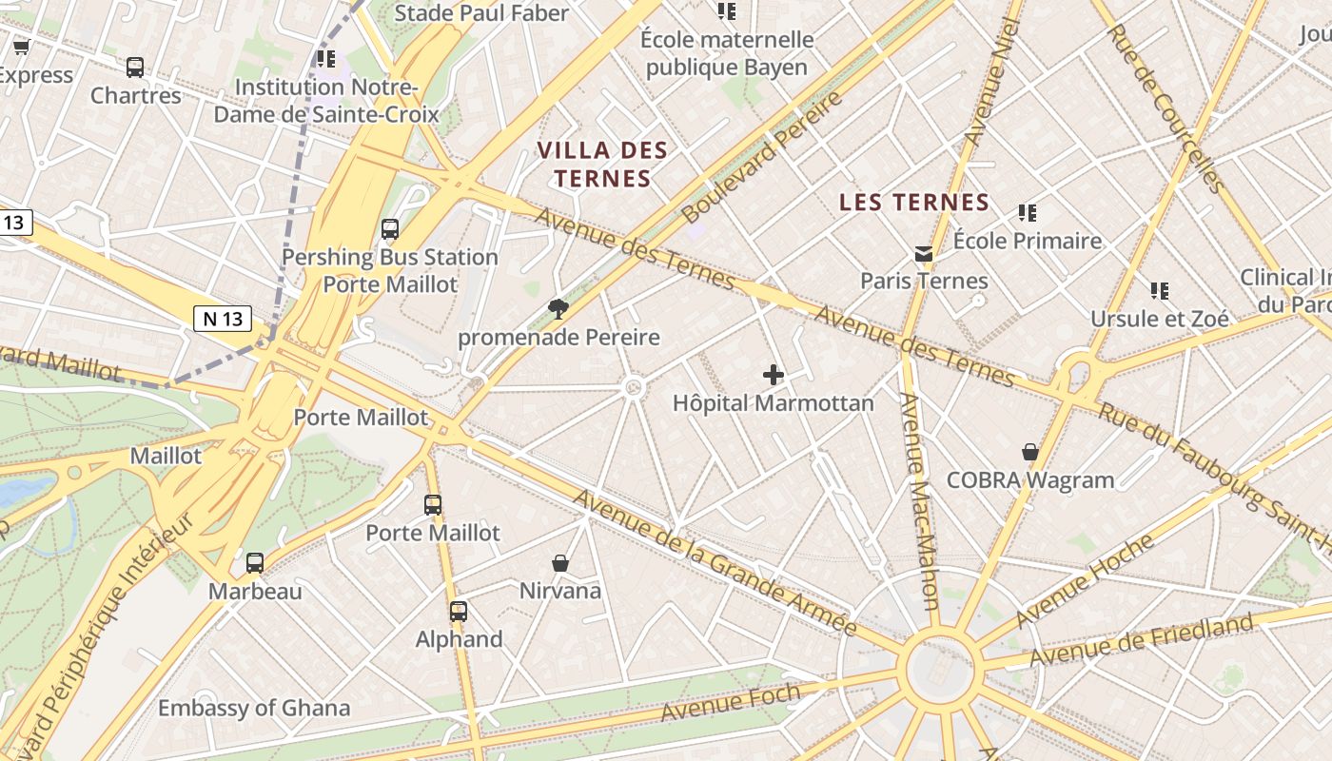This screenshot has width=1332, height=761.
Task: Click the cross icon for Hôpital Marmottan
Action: click(774, 375)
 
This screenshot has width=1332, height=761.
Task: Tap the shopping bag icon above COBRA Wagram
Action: click(1029, 451)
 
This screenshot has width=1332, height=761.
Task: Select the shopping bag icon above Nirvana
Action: click(560, 563)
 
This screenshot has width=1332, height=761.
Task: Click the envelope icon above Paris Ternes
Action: click(923, 253)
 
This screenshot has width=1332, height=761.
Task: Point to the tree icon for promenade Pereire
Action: click(558, 308)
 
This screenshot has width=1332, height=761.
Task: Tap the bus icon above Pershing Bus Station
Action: click(389, 229)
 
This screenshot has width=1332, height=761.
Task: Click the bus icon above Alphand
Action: click(459, 611)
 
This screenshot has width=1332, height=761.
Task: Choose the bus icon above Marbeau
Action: click(254, 562)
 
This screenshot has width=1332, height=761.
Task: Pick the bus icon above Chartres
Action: click(135, 68)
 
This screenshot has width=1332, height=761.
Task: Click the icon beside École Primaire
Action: click(1027, 213)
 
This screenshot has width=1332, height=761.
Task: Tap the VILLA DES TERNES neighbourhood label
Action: click(602, 164)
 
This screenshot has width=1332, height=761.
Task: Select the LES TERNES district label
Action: click(915, 202)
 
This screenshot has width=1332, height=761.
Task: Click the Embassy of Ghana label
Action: click(254, 708)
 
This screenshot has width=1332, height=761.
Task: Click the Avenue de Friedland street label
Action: click(1141, 640)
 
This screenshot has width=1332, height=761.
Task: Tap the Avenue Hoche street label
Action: click(1085, 580)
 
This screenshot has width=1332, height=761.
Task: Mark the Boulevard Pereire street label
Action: click(763, 157)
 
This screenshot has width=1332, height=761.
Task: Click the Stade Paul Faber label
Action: click(481, 13)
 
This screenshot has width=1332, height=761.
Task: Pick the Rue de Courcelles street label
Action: click(1164, 107)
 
